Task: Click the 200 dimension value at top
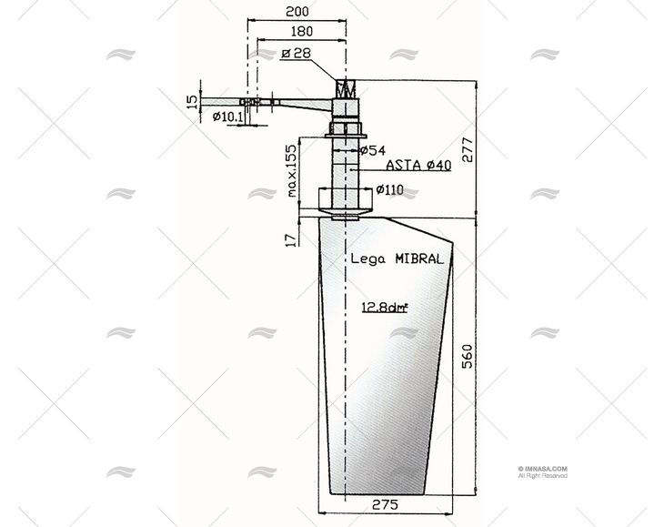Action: tap(297, 12)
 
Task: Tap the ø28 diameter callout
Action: tap(296, 54)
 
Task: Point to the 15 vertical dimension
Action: tap(192, 101)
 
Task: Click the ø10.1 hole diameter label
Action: tap(227, 117)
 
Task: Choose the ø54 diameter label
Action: tap(372, 150)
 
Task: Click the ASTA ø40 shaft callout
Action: tap(418, 165)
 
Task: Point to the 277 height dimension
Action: tap(468, 148)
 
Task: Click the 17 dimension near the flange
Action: tap(290, 238)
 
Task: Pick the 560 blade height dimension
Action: tap(468, 355)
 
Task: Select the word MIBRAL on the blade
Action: tap(419, 258)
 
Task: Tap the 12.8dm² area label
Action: tap(384, 307)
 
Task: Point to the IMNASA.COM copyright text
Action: tap(543, 470)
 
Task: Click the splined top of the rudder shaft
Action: tap(345, 89)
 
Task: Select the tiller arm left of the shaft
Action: tap(273, 104)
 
